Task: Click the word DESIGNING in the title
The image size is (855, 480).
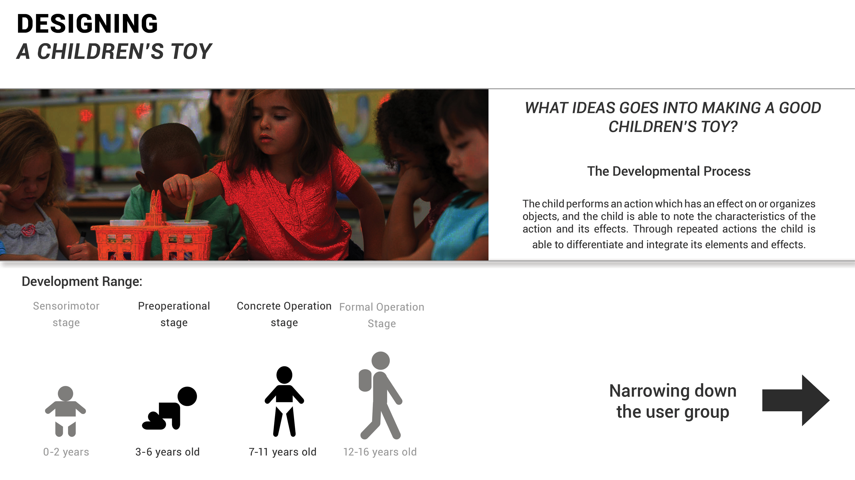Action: (87, 24)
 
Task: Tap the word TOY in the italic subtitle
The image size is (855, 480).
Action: (191, 51)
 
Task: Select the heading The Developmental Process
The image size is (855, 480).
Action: (669, 171)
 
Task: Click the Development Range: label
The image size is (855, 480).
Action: (82, 282)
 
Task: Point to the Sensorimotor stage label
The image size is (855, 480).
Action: (66, 314)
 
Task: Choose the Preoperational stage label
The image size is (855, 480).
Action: (174, 314)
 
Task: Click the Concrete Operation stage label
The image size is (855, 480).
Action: (284, 314)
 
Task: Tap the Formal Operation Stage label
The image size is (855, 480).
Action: (382, 315)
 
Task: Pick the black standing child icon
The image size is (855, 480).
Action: (284, 401)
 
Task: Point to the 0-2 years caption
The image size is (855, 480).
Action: (66, 452)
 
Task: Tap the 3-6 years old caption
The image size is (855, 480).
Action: (168, 452)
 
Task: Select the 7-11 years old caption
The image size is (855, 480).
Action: (283, 452)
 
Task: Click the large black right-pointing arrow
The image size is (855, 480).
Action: (796, 400)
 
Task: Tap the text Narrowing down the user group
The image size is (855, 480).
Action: (673, 401)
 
